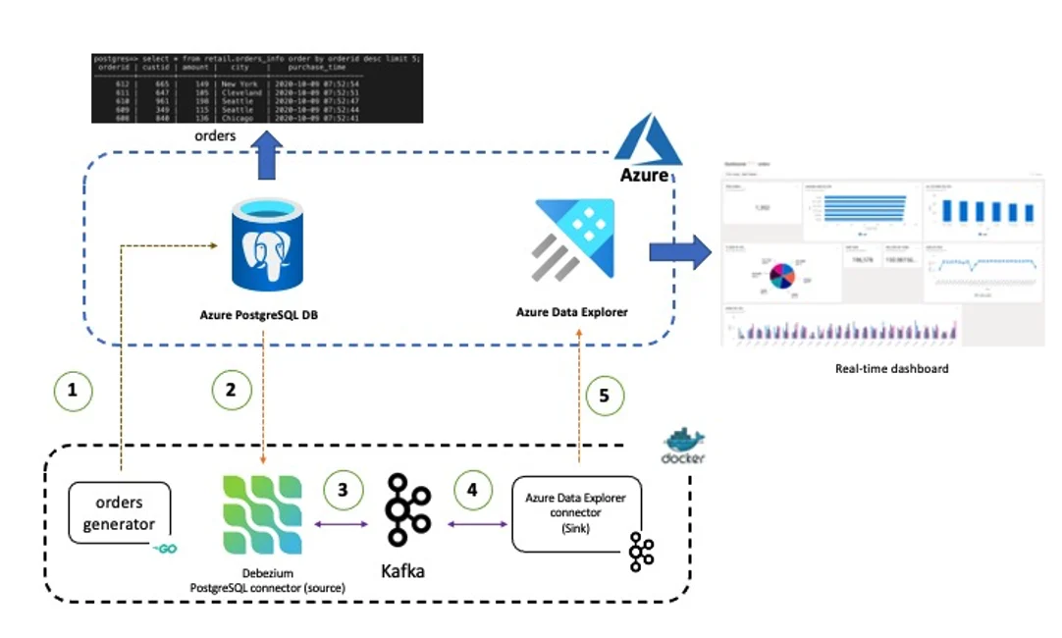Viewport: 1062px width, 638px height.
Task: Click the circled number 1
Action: click(72, 390)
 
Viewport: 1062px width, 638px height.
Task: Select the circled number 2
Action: click(232, 390)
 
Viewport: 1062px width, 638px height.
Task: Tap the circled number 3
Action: click(343, 491)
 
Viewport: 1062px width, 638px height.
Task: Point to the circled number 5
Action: click(605, 396)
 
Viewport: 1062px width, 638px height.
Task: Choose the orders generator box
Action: click(119, 513)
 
